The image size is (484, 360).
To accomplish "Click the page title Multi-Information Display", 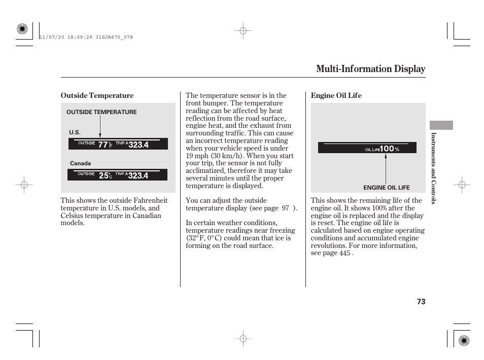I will pyautogui.click(x=370, y=69).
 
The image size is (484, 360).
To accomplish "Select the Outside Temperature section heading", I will pyautogui.click(x=97, y=96).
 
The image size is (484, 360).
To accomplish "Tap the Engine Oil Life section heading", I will pyautogui.click(x=336, y=96).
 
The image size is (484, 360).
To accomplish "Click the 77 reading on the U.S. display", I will pyautogui.click(x=103, y=145).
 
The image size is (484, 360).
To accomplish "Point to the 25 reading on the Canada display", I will pyautogui.click(x=103, y=175).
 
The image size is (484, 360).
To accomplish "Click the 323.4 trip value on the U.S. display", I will pyautogui.click(x=139, y=145).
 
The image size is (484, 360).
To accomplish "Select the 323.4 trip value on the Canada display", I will pyautogui.click(x=138, y=175).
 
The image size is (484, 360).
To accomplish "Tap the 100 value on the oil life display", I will pyautogui.click(x=387, y=149).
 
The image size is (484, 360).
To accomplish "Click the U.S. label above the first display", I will pyautogui.click(x=75, y=132).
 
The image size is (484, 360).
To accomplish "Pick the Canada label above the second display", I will pyautogui.click(x=80, y=163).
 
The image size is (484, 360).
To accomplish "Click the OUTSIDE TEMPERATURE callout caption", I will pyautogui.click(x=101, y=112).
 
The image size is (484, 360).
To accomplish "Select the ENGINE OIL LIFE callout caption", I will pyautogui.click(x=386, y=188).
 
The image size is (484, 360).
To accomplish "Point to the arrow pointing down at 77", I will pyautogui.click(x=100, y=127).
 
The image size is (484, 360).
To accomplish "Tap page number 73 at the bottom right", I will pyautogui.click(x=421, y=302).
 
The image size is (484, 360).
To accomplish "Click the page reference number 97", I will pyautogui.click(x=285, y=208).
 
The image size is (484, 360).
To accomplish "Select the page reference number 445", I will pyautogui.click(x=344, y=253).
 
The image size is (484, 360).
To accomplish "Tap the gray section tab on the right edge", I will pyautogui.click(x=441, y=125).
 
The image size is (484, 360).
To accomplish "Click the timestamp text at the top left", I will pyautogui.click(x=86, y=37).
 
